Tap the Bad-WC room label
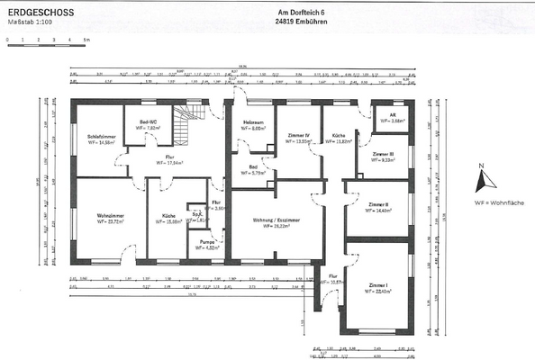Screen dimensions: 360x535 pos(149,123)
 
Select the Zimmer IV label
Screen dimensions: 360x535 pos(298,138)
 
